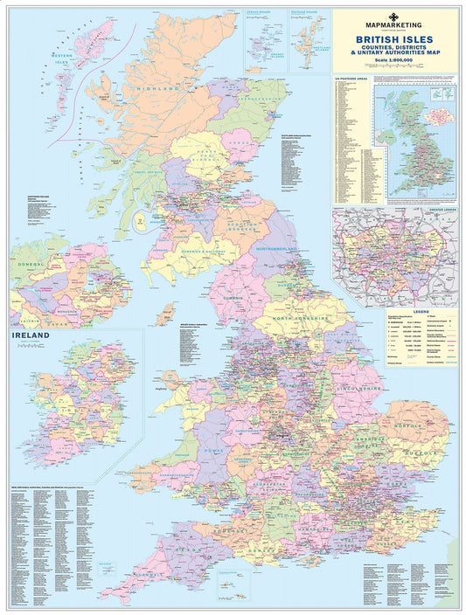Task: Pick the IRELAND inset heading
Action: [31, 334]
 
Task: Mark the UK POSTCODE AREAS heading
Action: [351, 79]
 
